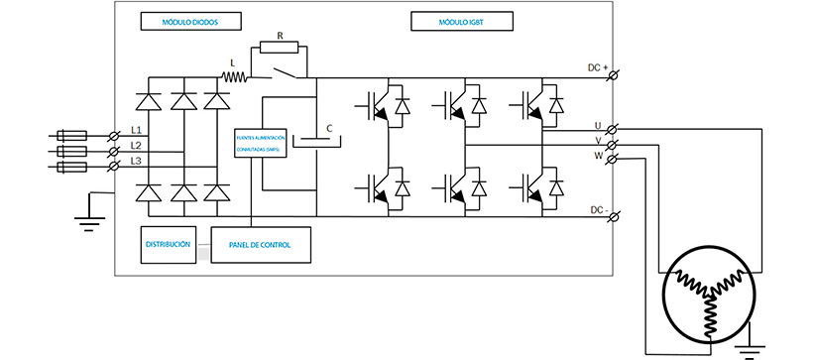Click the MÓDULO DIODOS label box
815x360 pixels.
pos(178,20)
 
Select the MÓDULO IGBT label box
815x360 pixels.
pos(456,20)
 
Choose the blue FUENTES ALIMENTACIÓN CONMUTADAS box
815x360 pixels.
pos(261,144)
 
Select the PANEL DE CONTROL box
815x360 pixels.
pos(261,244)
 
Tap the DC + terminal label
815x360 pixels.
pos(595,66)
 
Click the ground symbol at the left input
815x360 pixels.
pos(89,220)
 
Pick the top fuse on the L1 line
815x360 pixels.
pos(72,135)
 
